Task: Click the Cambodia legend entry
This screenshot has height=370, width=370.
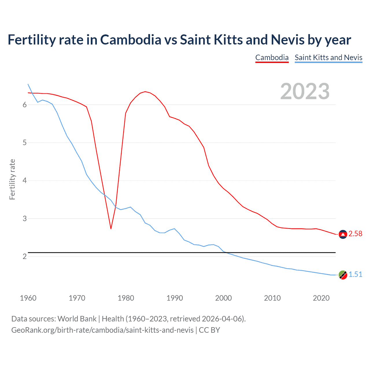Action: (272, 58)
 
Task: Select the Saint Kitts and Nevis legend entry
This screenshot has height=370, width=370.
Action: (328, 58)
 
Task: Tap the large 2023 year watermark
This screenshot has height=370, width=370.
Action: (305, 91)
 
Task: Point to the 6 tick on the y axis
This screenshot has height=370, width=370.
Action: (25, 105)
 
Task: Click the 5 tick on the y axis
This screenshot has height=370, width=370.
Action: (25, 143)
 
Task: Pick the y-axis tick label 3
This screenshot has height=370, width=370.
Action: (25, 219)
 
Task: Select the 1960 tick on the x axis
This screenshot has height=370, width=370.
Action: (28, 298)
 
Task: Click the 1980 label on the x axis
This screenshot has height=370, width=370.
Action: (126, 298)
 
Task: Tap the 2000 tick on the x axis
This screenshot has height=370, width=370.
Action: (223, 298)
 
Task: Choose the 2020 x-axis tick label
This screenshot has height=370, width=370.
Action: (321, 298)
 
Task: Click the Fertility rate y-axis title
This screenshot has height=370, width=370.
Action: (12, 179)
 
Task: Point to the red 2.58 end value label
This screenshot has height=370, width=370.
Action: (355, 234)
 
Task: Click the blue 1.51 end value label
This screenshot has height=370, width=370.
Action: (355, 274)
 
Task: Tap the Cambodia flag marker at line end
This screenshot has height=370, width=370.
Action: (343, 234)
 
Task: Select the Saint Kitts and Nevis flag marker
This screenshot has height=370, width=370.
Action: (343, 275)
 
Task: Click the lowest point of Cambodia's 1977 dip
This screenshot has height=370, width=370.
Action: (111, 229)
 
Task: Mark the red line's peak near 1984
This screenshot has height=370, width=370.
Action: (145, 92)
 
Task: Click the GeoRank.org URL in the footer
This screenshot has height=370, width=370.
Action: (102, 330)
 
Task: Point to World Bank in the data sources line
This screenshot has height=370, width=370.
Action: (77, 319)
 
